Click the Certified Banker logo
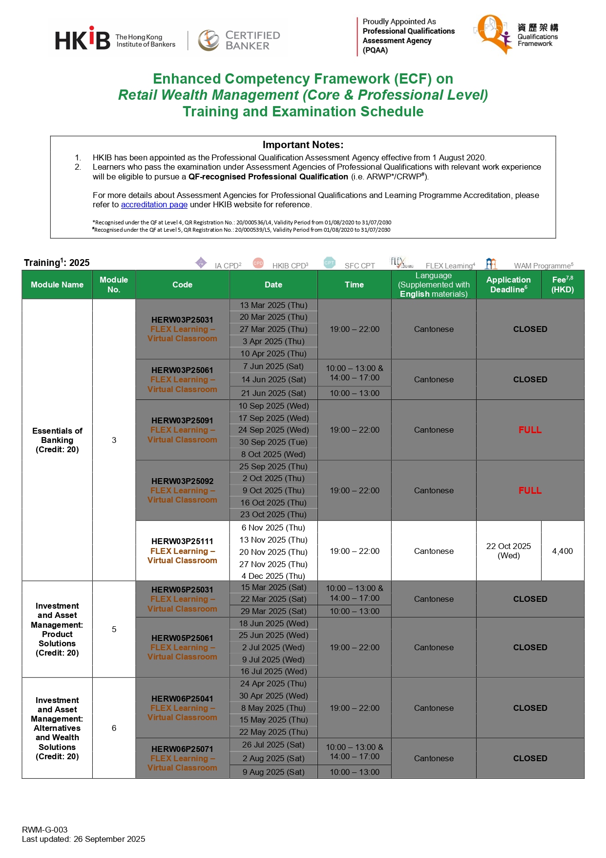point(239,40)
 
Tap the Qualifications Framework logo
point(516,34)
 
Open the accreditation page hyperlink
point(154,205)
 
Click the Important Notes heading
point(303,145)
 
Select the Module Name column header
point(57,285)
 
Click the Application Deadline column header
point(508,285)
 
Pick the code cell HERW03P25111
point(182,541)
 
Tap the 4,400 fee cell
point(562,551)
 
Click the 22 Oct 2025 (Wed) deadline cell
point(508,551)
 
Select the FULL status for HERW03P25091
point(530,430)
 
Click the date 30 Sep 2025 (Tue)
point(273,442)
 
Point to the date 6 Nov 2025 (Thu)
point(273,528)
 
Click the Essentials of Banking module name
point(57,440)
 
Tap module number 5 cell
point(114,629)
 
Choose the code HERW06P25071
point(182,749)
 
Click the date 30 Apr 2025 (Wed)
point(273,696)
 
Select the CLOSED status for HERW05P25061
point(530,647)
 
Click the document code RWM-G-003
point(45,830)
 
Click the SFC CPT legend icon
point(330,263)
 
